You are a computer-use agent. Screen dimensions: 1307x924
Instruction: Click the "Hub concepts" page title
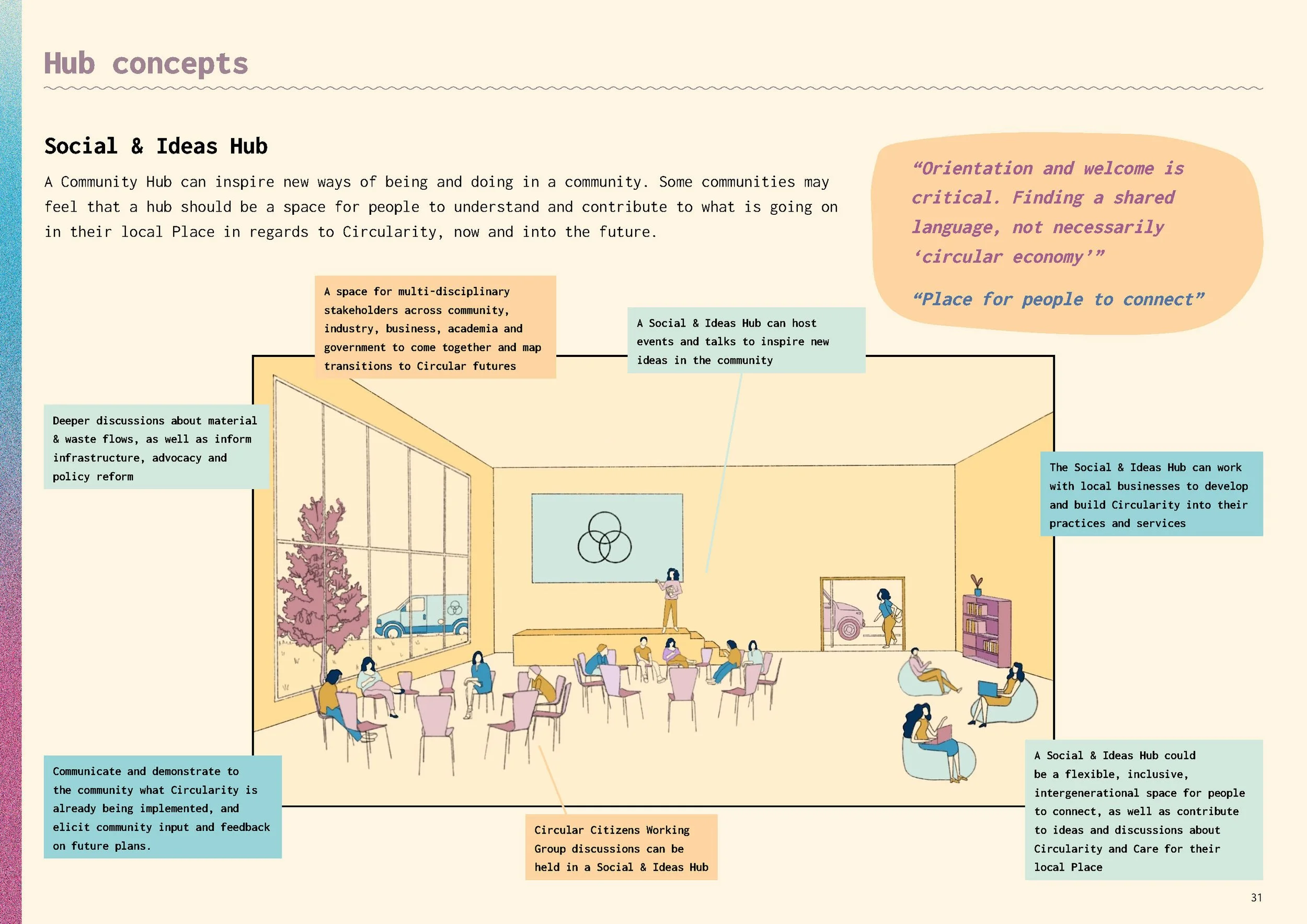(146, 63)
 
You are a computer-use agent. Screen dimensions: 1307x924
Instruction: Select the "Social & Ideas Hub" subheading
(156, 146)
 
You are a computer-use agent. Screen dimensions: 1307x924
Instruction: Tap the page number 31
(1256, 897)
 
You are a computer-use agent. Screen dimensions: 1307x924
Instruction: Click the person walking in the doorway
(886, 617)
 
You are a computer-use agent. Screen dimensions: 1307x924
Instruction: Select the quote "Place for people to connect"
(1058, 299)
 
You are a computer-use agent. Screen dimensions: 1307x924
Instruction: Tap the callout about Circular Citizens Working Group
(621, 848)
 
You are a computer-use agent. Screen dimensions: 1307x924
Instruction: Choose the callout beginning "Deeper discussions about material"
(155, 448)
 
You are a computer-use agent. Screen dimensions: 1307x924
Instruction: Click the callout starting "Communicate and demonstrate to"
(162, 808)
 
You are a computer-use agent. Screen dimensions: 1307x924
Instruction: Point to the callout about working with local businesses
(1151, 494)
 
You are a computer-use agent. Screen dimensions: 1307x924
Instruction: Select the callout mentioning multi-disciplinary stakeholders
(435, 328)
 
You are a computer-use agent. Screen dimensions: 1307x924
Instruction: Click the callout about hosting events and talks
(746, 341)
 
